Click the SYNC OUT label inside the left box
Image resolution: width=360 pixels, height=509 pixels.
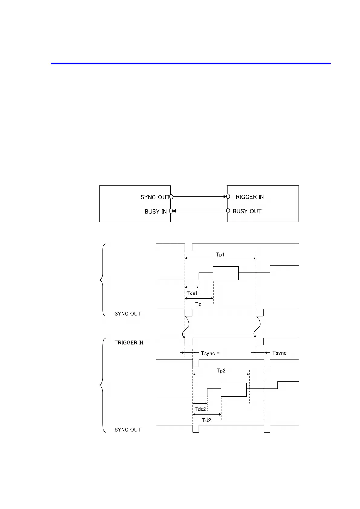tap(155, 197)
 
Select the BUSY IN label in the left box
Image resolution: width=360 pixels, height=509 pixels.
tap(155, 212)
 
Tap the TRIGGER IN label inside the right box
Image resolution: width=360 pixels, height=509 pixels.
tap(248, 197)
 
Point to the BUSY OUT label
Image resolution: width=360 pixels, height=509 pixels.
tap(247, 211)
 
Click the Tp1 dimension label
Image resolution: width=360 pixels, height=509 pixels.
tap(220, 254)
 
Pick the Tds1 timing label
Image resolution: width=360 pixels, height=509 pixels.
tap(192, 293)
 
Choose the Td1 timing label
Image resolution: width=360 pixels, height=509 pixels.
tap(200, 304)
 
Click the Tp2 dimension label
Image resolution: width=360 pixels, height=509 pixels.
tap(221, 371)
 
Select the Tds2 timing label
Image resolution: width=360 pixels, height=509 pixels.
tap(200, 409)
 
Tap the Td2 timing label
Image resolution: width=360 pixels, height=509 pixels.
tap(207, 420)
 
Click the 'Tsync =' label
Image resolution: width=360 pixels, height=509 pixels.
tap(210, 353)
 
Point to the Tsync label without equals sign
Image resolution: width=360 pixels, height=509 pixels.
tap(279, 353)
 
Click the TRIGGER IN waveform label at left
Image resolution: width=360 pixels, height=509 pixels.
tap(129, 342)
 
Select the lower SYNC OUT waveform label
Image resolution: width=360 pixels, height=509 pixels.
tap(128, 430)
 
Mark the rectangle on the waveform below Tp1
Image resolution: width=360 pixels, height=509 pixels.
tap(226, 273)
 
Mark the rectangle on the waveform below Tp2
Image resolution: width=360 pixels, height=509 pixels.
tap(234, 390)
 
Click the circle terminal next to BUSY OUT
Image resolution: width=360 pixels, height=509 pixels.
tap(228, 211)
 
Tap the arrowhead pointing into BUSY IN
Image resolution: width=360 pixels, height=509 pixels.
tap(175, 211)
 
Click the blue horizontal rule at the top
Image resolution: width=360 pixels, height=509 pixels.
tap(190, 63)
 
